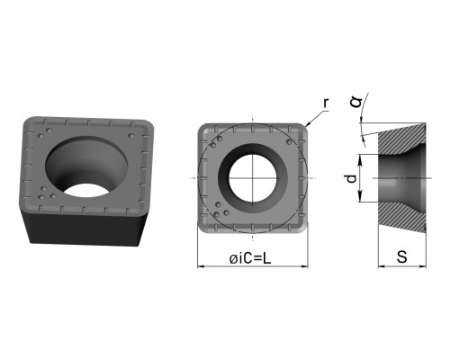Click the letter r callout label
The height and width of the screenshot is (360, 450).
click(x=326, y=103)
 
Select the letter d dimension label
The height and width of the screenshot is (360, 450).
click(x=351, y=178)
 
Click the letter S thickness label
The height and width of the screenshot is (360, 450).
click(x=402, y=256)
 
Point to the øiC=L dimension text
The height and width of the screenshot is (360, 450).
click(x=250, y=258)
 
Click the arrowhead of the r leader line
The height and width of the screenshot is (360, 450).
click(x=307, y=124)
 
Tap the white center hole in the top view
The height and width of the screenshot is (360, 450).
click(x=253, y=178)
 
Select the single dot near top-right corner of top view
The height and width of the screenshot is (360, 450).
click(x=289, y=141)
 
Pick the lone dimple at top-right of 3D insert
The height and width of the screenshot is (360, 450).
click(x=130, y=136)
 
